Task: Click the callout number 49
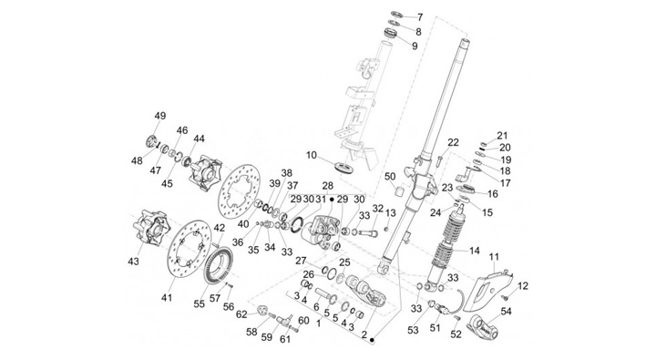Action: [159, 116]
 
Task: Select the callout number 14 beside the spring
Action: [474, 251]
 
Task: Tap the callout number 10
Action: [312, 155]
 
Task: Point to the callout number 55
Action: [200, 303]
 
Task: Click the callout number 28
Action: [328, 185]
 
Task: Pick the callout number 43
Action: [133, 262]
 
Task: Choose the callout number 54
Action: [506, 311]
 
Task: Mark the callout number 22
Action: [453, 142]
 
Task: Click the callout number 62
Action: [241, 314]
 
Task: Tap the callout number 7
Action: [420, 17]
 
